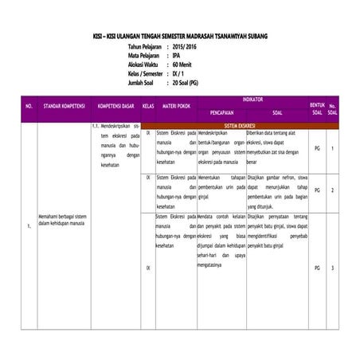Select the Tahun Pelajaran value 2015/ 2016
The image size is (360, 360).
[186, 47]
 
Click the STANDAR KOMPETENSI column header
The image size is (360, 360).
[64, 105]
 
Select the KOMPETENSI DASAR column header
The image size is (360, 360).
[115, 105]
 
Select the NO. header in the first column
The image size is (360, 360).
[29, 105]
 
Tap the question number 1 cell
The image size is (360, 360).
[333, 149]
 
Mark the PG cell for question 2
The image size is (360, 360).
[317, 190]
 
